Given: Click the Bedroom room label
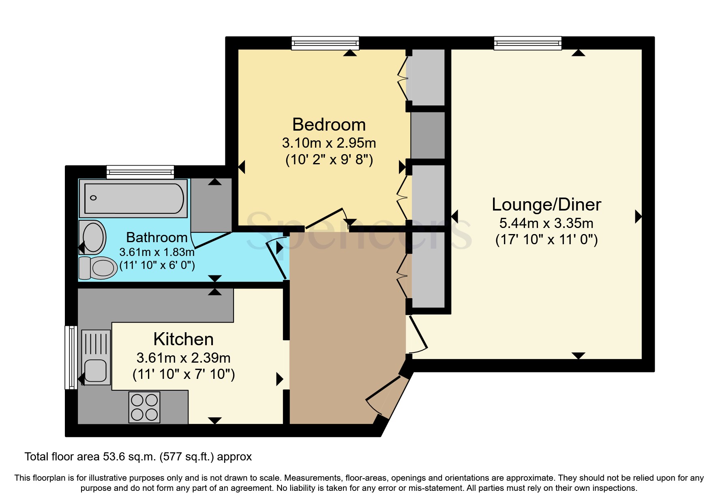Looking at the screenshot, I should (x=329, y=125).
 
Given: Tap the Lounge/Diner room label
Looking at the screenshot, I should (x=546, y=204).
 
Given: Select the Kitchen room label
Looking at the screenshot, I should (x=183, y=339).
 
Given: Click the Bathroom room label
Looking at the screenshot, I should (x=156, y=237).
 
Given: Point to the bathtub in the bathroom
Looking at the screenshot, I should (x=133, y=198).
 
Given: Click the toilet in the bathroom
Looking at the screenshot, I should (x=98, y=268).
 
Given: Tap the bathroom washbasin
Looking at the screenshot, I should (x=93, y=237).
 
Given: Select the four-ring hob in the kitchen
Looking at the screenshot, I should (x=144, y=407).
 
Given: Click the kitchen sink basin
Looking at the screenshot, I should (x=96, y=371).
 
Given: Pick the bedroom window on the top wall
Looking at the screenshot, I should (x=325, y=43).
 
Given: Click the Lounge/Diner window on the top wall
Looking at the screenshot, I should (x=527, y=43).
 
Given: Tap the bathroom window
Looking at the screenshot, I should (x=140, y=172).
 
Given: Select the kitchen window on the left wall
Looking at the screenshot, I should (x=71, y=357).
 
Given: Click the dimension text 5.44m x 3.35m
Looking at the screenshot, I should (x=546, y=223).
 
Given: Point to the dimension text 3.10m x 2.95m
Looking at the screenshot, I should (x=329, y=143).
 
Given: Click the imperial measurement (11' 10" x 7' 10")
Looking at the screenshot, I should (x=184, y=374).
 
